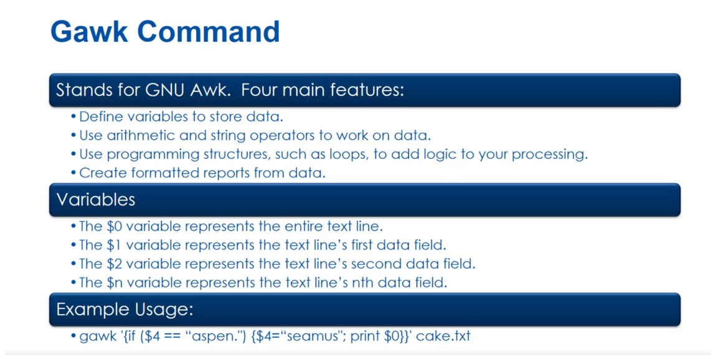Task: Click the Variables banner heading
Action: click(x=95, y=199)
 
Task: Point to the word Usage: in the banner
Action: click(x=164, y=309)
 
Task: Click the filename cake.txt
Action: click(x=443, y=336)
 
